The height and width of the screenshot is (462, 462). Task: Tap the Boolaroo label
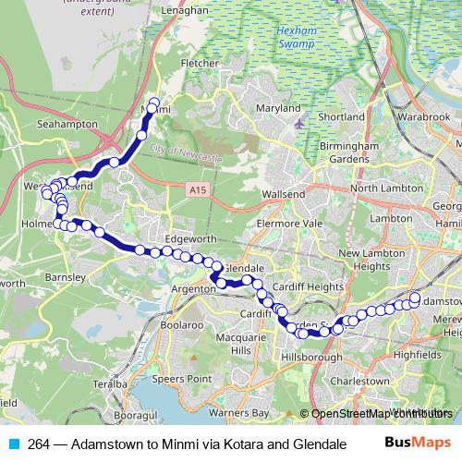181,325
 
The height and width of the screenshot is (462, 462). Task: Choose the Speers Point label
182,378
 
